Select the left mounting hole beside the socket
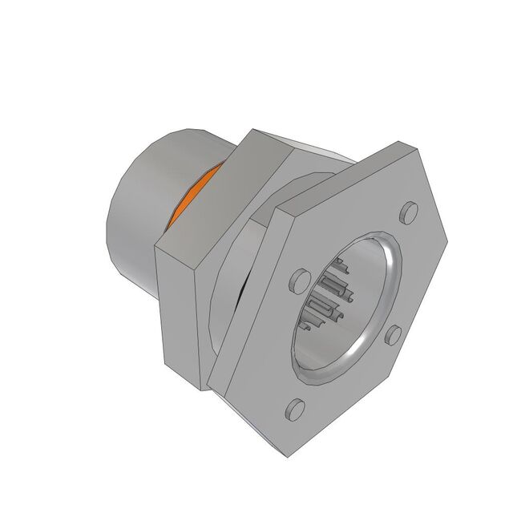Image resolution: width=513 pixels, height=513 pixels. click(x=300, y=281)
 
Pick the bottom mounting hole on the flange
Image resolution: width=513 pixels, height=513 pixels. click(x=294, y=409)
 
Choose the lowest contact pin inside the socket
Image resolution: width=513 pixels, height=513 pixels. click(x=309, y=327)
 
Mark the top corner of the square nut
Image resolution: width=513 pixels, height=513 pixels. click(x=252, y=130)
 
